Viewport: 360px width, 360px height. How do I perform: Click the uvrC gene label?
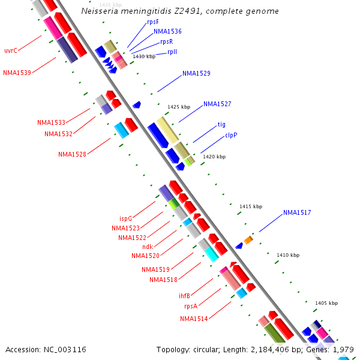click(x=10, y=50)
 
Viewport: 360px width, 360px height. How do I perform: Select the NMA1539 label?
click(x=17, y=73)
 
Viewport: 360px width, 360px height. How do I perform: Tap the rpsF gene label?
click(x=153, y=22)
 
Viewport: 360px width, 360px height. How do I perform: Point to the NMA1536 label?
click(x=167, y=31)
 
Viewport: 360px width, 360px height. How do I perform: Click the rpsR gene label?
click(x=166, y=42)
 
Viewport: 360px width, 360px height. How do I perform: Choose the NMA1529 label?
click(x=196, y=73)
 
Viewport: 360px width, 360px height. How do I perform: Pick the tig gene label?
click(x=221, y=124)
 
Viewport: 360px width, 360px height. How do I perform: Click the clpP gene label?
click(x=231, y=135)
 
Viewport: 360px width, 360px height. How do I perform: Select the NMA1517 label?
click(x=297, y=212)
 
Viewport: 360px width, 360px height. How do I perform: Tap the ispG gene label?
click(x=125, y=218)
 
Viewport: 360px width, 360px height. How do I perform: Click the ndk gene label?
click(x=147, y=247)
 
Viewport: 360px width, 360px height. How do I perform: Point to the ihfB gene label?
click(x=184, y=296)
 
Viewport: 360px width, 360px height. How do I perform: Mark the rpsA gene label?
click(x=191, y=306)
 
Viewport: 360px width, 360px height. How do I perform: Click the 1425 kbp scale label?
click(x=179, y=107)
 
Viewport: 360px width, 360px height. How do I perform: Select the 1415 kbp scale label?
click(x=250, y=206)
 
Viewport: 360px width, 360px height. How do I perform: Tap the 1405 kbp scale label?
click(x=326, y=303)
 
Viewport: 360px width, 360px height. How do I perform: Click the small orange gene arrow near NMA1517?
click(x=248, y=240)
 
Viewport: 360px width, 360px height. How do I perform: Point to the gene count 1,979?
click(x=343, y=349)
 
